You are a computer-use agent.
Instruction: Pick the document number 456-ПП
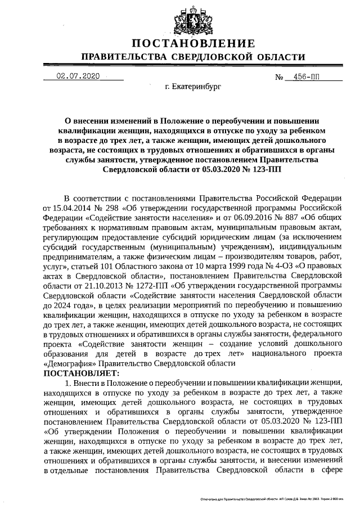(x=300, y=76)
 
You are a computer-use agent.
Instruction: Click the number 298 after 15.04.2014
(x=105, y=207)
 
